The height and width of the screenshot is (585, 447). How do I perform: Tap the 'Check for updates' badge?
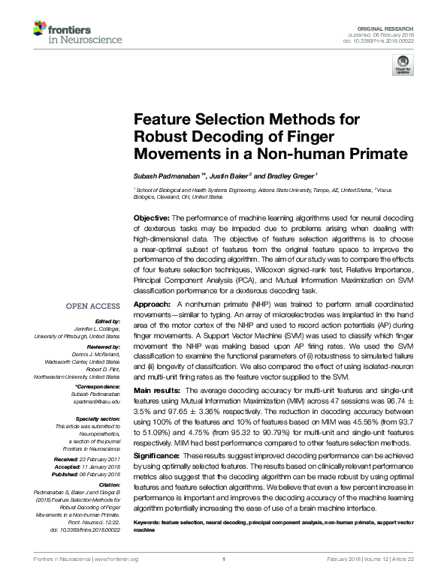pos(403,68)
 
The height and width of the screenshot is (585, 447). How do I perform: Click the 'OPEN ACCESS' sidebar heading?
pos(93,307)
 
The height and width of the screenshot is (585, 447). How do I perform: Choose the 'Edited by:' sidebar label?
pos(105,320)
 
